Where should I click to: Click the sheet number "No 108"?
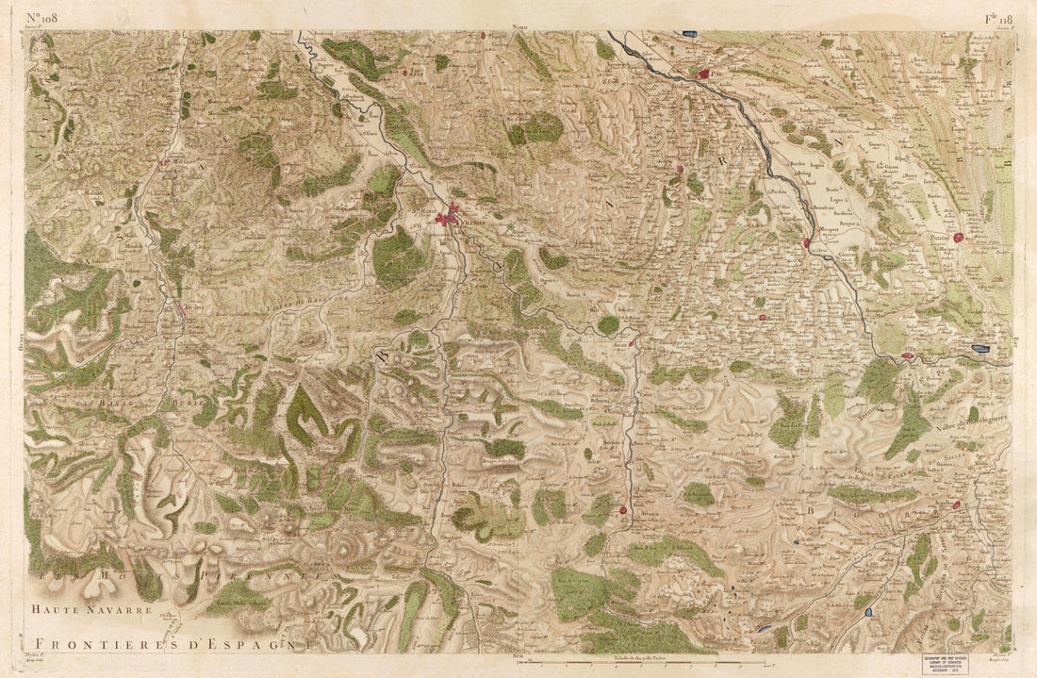point(43,18)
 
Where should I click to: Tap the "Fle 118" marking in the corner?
point(997,18)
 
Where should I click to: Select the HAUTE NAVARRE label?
point(91,610)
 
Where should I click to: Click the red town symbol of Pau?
point(703,72)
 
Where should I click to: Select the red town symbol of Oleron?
point(449,216)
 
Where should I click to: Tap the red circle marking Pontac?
point(959,239)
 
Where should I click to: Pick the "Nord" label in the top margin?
point(518,28)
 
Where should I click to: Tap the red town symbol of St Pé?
point(908,356)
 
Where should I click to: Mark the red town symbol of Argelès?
point(956,505)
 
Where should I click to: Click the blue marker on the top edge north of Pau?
point(691,34)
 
